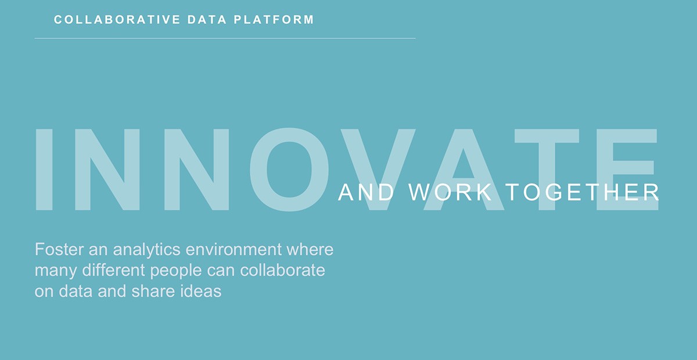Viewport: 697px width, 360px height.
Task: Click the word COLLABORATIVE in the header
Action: coord(117,20)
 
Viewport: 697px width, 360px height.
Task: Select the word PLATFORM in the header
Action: coord(274,20)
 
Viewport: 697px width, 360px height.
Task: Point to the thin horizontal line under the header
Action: coord(225,38)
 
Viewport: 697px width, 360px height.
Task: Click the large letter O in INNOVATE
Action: coord(289,170)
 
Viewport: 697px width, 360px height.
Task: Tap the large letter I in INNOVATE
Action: coord(44,170)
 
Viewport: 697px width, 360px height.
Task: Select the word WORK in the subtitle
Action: coord(450,192)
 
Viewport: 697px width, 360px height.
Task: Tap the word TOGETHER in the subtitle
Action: coord(582,192)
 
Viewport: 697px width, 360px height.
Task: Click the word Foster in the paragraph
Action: coord(59,250)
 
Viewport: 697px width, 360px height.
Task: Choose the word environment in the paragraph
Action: coord(233,250)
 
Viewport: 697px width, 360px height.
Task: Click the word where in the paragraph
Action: coord(310,250)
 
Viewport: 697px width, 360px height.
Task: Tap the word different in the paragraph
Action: coord(114,270)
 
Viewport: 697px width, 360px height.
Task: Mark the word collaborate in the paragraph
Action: coord(282,270)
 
